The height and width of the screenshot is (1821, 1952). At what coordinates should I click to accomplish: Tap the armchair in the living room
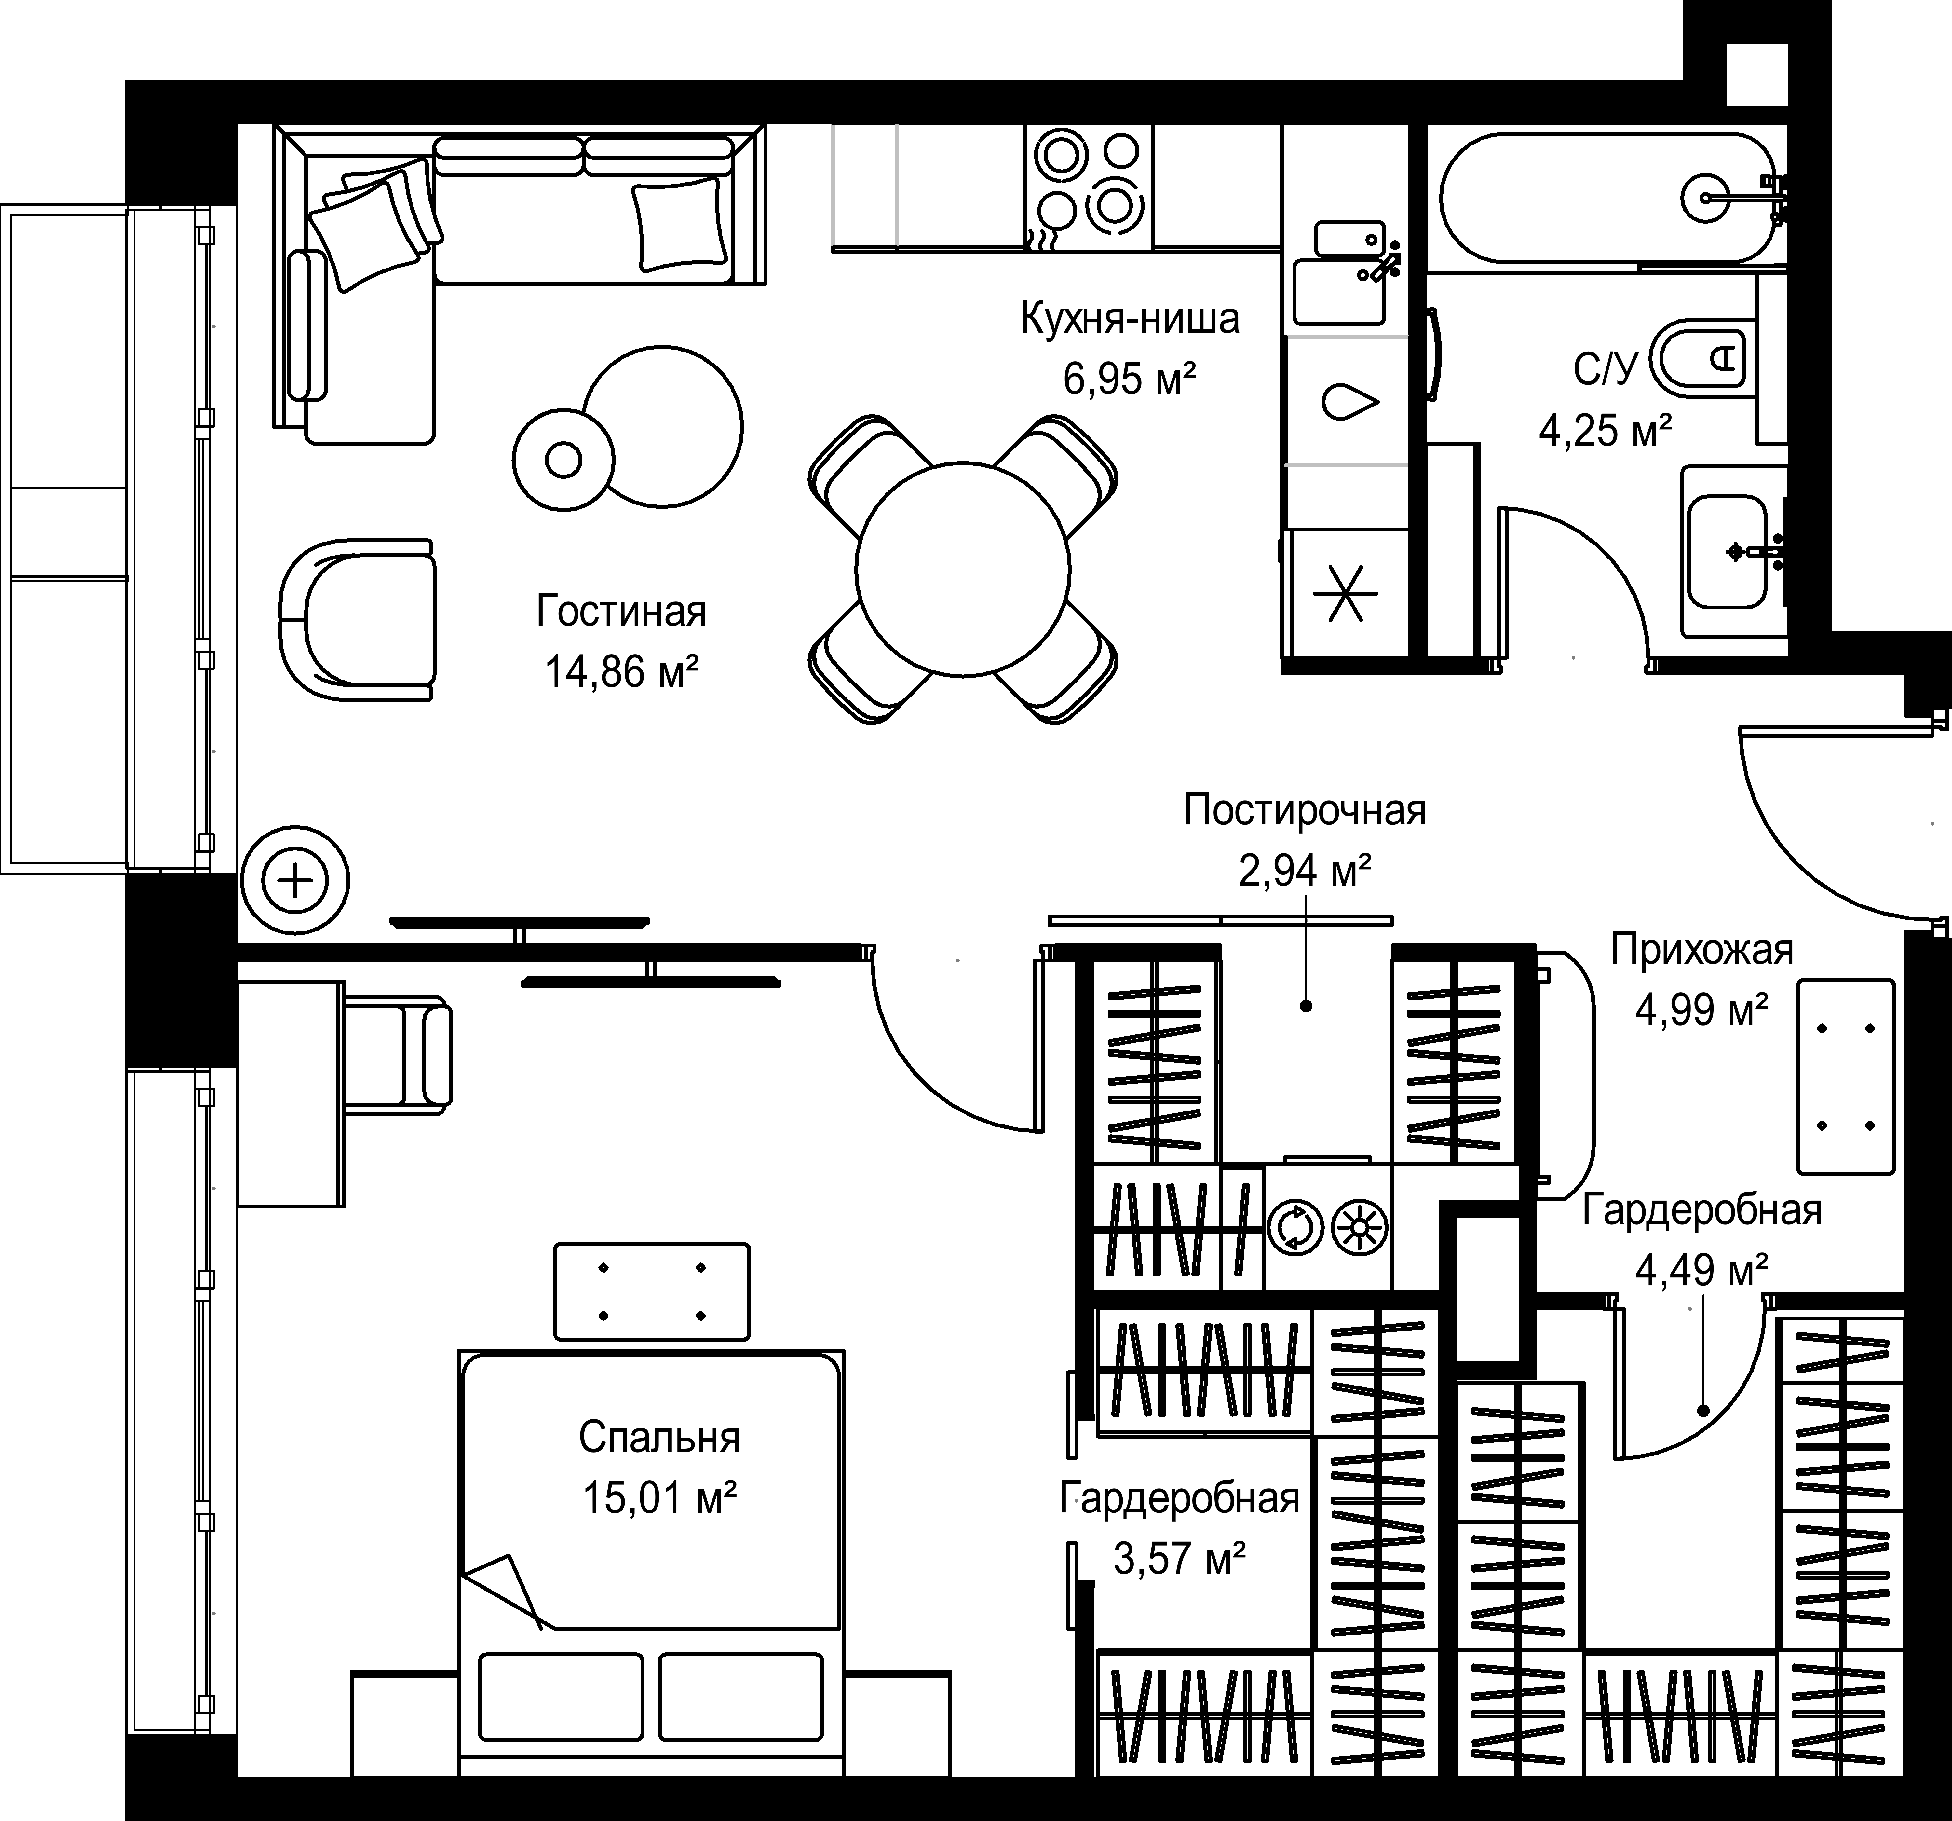357,620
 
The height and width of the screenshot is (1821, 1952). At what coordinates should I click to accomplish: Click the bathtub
1608,197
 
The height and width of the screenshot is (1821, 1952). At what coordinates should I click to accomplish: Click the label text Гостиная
621,611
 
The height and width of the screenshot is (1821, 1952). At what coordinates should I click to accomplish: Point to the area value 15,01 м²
660,1499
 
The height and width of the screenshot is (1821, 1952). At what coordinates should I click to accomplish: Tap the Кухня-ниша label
1130,319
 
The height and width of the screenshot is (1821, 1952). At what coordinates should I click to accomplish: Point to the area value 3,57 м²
1179,1557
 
